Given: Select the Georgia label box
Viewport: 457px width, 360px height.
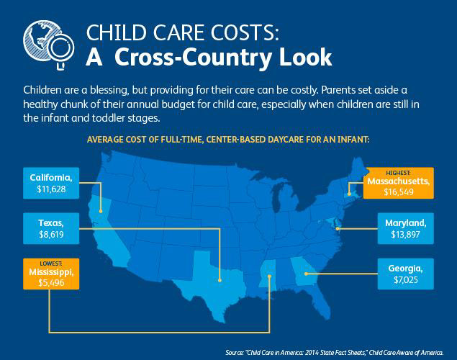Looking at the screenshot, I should [x=405, y=274].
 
